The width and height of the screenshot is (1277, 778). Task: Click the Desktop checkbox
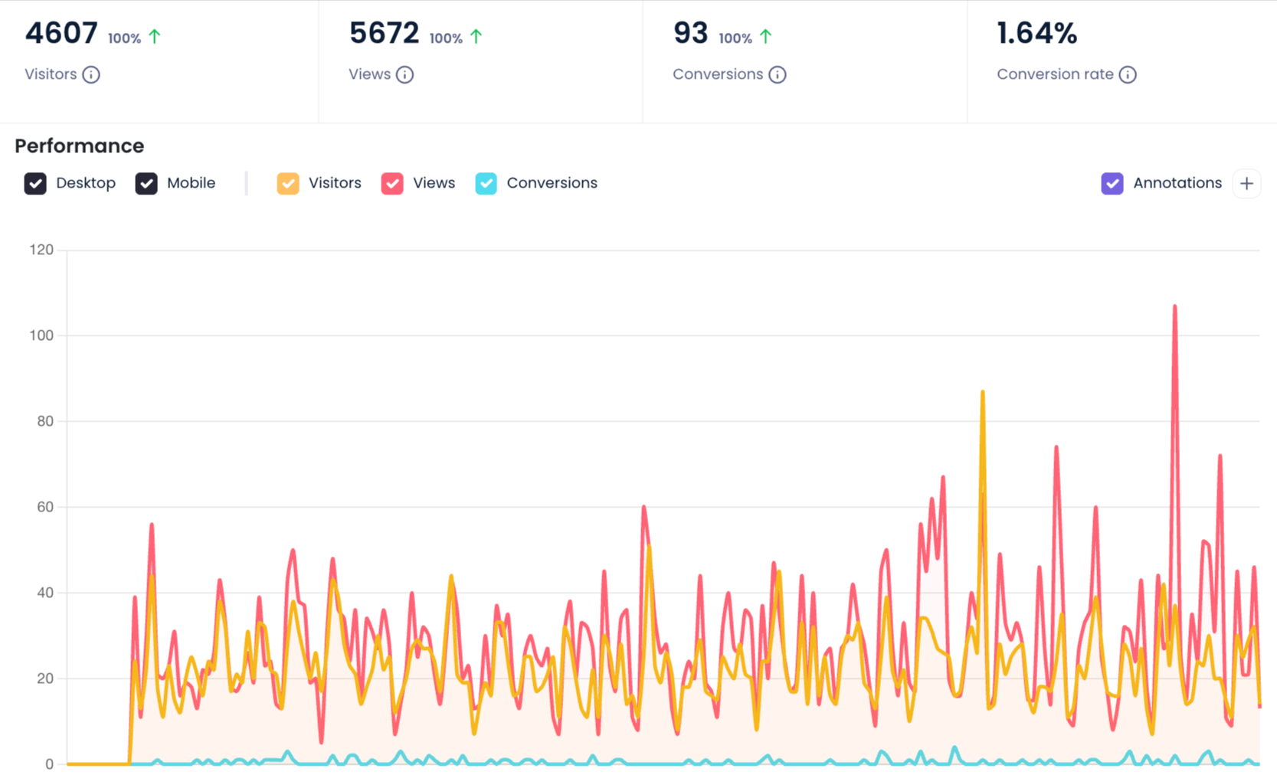tap(35, 184)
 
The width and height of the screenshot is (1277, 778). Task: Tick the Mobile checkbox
tap(146, 184)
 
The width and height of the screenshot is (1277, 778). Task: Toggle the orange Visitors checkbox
tap(288, 184)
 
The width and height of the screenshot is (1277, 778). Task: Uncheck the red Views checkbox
tap(392, 184)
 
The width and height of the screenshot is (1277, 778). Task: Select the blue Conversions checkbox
tap(486, 184)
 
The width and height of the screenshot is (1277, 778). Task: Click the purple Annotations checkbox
tap(1112, 184)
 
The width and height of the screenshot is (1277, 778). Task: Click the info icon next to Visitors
tap(91, 75)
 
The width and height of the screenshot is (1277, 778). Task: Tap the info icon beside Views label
tap(405, 75)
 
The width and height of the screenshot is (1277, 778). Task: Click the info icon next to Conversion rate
tap(1128, 75)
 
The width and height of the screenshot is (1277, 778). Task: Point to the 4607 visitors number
tap(61, 34)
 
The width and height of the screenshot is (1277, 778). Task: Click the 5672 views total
tap(384, 34)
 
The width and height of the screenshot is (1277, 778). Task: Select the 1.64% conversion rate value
tap(1036, 34)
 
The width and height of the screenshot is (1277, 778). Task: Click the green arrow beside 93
tap(766, 36)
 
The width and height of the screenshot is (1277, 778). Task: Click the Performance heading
tap(80, 145)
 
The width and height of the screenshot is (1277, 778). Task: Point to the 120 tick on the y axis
tap(41, 250)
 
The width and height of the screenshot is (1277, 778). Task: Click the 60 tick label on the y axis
tap(45, 507)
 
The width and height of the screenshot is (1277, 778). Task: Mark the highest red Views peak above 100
tap(1174, 307)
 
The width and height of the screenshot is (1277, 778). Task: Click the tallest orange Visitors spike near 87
tap(982, 393)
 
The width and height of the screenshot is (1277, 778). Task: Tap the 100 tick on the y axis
tap(41, 335)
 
